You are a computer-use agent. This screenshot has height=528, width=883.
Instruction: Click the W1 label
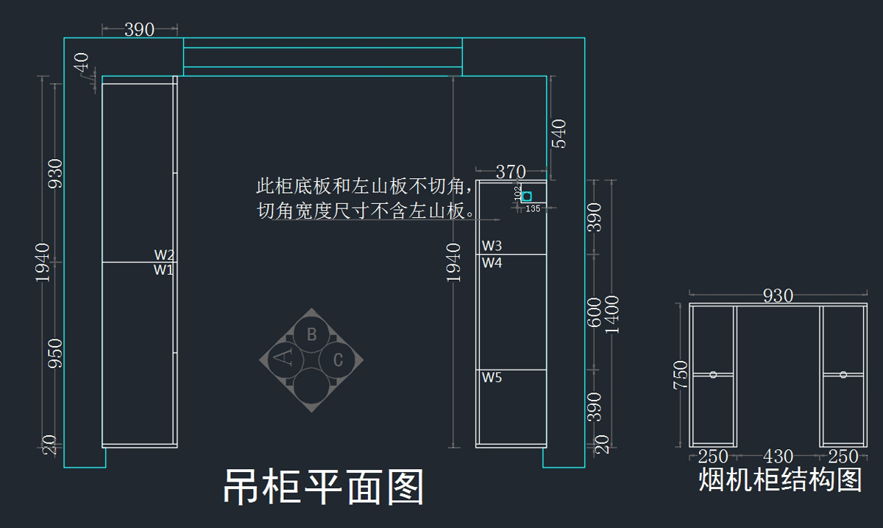163,270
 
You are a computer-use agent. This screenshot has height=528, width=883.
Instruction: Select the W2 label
164,255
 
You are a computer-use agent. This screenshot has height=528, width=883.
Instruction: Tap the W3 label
492,245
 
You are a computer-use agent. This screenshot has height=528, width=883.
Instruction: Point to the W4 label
492,262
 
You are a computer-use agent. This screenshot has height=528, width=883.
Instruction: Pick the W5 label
492,378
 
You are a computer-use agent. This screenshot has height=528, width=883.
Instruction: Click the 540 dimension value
559,133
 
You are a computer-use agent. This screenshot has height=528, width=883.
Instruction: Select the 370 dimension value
511,172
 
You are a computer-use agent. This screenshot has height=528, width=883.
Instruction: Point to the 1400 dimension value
612,314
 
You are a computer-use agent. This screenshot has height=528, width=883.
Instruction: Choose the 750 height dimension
680,375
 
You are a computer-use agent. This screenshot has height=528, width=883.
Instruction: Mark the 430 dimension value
778,457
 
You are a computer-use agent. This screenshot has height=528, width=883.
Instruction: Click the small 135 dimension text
533,209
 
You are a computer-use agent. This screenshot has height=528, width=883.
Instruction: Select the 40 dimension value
81,63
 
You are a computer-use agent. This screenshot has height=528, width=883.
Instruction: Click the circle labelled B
311,334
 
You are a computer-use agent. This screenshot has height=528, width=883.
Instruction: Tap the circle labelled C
338,360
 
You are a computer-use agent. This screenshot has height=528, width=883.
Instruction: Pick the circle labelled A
284,359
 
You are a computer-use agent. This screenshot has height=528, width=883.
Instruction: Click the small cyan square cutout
527,197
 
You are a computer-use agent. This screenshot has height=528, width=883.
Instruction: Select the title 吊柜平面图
324,487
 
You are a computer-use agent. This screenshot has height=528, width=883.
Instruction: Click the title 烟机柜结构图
779,480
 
